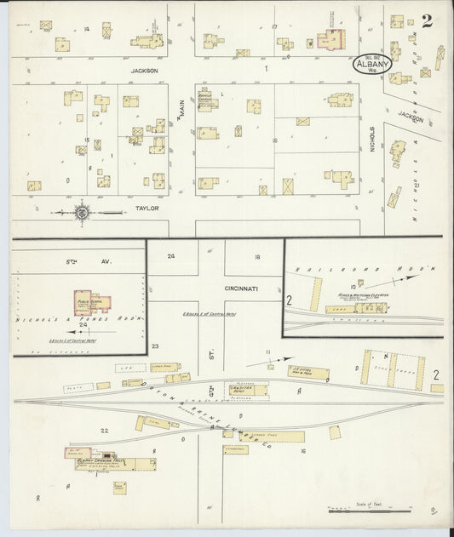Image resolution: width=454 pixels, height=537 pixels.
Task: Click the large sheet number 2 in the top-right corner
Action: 425,21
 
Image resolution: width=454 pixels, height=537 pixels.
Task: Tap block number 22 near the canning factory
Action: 104,431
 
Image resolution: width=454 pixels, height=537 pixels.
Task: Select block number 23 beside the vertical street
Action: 155,346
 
